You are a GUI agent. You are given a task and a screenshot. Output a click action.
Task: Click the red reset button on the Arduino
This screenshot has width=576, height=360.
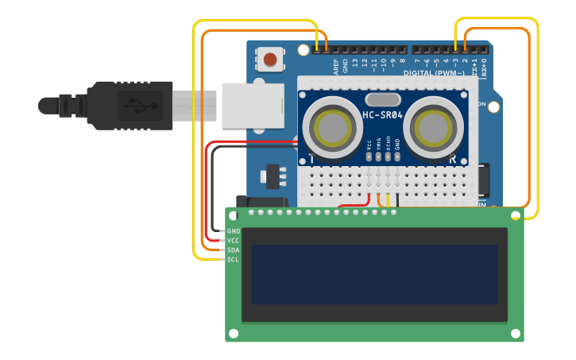click(x=271, y=59)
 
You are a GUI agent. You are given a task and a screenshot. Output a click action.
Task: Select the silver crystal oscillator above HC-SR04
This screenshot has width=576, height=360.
click(x=383, y=99)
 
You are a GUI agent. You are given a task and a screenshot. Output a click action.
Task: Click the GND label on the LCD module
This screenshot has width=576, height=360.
click(x=234, y=230)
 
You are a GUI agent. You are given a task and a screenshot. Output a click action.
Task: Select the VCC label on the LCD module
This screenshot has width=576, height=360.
click(x=234, y=240)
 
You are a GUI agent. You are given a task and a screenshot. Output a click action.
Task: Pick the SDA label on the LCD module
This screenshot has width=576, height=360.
click(x=234, y=250)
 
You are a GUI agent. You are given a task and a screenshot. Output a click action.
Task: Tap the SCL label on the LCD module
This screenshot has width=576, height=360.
click(x=234, y=259)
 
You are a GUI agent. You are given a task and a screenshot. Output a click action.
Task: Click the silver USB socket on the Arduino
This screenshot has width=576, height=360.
click(x=252, y=105)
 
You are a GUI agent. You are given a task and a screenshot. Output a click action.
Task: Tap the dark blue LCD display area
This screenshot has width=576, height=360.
click(x=374, y=274)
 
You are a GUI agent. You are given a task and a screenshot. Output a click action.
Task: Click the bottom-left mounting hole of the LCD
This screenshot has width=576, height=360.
click(x=234, y=333)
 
